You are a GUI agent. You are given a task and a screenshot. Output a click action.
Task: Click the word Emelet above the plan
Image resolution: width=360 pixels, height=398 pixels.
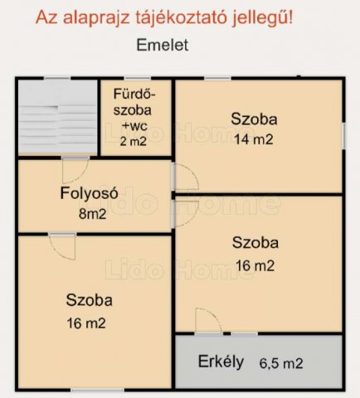(163, 45)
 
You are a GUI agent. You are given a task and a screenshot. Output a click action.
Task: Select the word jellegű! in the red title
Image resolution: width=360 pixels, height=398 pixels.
(262, 18)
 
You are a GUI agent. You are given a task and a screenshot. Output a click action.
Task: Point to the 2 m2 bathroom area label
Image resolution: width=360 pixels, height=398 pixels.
(133, 142)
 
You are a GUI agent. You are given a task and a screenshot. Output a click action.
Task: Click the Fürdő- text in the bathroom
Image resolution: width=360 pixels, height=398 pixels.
(134, 94)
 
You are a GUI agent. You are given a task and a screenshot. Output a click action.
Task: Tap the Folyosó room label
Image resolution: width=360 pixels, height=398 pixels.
(89, 193)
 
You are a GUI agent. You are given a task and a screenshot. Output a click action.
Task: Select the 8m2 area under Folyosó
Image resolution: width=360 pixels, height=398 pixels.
(93, 214)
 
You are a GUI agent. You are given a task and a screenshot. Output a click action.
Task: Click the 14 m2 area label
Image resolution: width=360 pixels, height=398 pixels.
(254, 139)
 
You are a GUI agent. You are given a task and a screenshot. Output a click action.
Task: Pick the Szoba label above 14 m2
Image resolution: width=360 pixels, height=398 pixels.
(254, 119)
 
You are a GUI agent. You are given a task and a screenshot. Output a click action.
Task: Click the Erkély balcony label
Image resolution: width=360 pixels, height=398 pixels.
(221, 362)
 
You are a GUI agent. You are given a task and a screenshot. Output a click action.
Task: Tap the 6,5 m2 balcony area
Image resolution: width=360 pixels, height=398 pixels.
(281, 363)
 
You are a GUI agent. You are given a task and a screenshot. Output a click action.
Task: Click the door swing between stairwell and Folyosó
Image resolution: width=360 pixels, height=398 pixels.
(75, 170)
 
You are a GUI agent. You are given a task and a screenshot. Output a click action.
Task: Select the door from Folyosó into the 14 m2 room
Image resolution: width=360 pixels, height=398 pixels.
(186, 177)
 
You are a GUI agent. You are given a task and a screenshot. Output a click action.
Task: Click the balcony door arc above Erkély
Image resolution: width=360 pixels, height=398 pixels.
(208, 321)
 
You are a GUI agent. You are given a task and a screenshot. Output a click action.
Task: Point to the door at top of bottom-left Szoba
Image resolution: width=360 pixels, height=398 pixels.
(62, 246)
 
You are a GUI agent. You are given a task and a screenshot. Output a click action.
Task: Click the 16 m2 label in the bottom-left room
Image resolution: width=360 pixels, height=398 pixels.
(86, 323)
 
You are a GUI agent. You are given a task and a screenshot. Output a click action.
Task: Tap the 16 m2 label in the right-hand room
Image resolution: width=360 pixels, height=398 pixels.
(255, 266)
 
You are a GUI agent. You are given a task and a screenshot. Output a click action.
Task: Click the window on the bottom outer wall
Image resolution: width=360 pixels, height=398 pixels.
(97, 390)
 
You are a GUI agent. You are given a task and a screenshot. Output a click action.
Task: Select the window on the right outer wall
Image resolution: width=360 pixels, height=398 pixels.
(343, 136)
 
